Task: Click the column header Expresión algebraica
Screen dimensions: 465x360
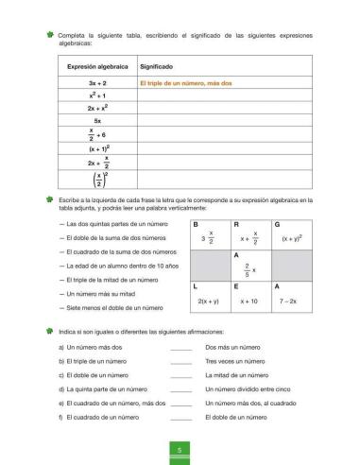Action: pos(97,69)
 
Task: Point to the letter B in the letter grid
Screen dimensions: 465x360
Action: pos(195,223)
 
